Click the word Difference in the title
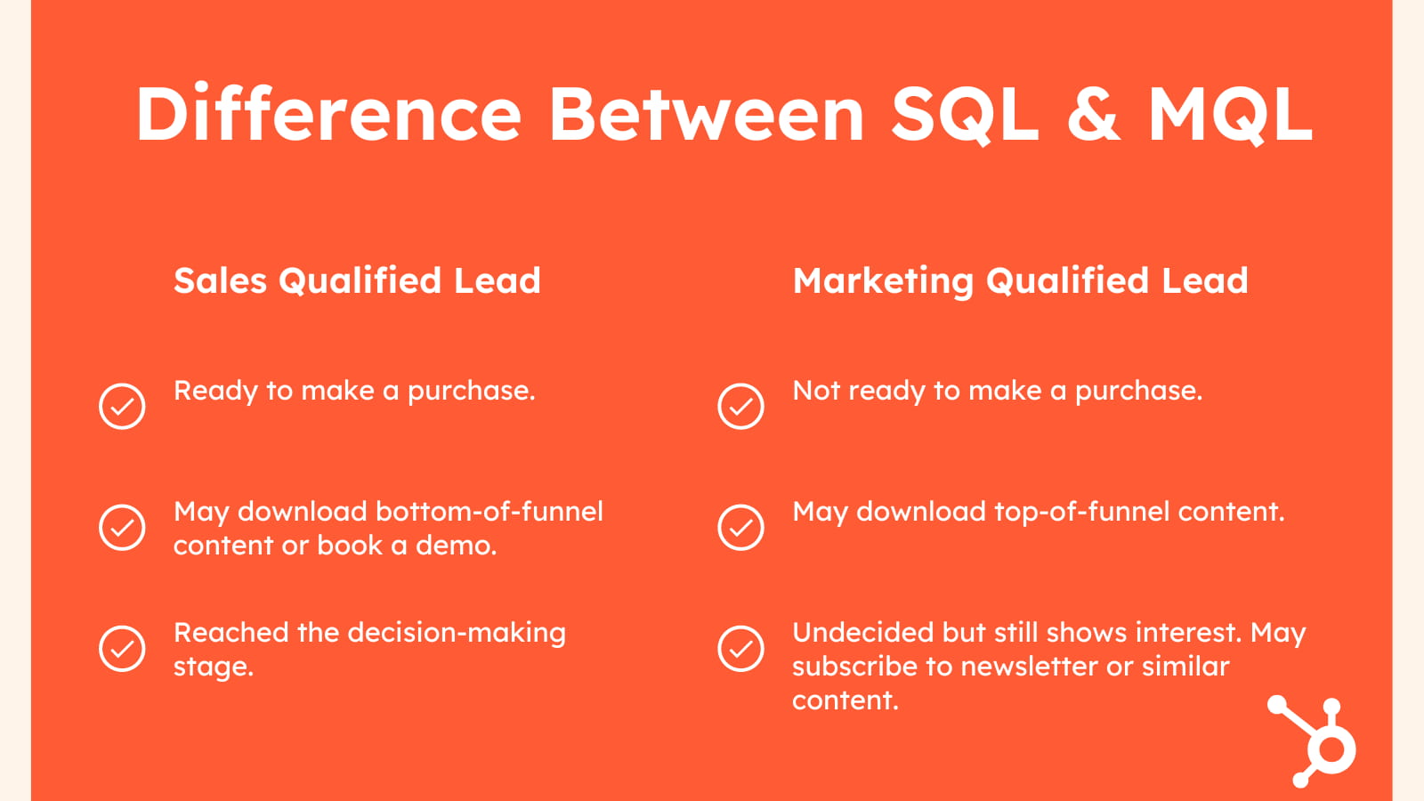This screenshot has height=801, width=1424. [x=328, y=113]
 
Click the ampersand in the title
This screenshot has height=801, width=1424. [x=1093, y=113]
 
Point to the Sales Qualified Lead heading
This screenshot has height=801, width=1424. [x=357, y=280]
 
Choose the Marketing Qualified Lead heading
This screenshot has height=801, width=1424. [x=1020, y=281]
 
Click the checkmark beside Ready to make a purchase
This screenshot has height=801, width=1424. [x=122, y=406]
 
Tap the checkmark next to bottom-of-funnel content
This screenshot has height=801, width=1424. [x=122, y=528]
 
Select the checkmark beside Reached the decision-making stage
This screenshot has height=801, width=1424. [x=122, y=649]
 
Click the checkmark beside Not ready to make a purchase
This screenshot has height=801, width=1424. [x=740, y=406]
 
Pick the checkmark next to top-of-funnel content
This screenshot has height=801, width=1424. [x=740, y=528]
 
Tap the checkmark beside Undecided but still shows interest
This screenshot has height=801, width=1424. [x=740, y=649]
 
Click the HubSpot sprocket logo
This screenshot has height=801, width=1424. [x=1312, y=741]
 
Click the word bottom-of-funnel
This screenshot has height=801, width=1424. [x=489, y=511]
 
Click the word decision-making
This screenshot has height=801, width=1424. [x=457, y=634]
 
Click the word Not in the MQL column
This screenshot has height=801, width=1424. [x=816, y=391]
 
